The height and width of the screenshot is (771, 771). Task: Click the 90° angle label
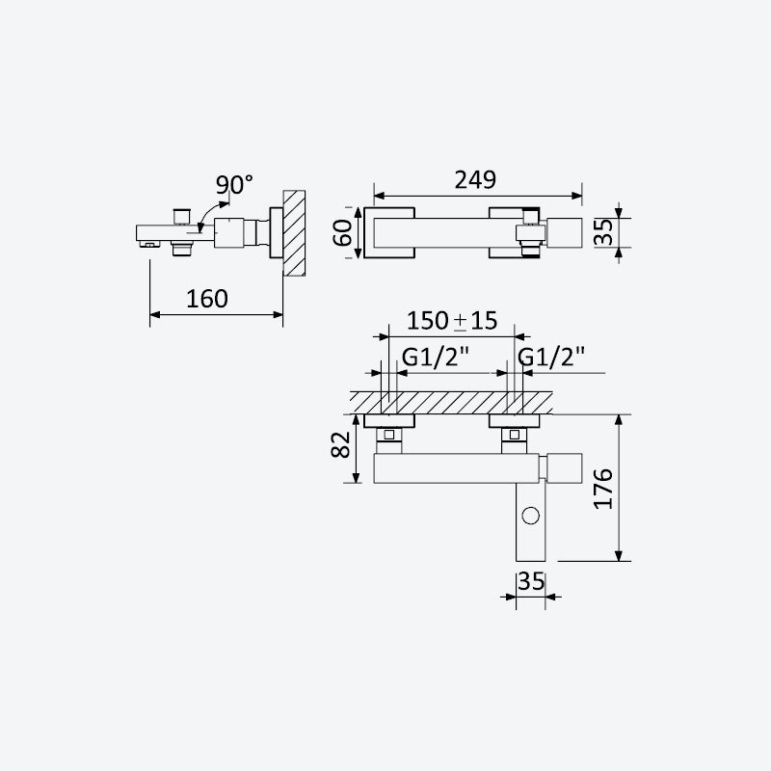click(234, 185)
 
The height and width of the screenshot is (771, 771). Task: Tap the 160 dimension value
click(207, 299)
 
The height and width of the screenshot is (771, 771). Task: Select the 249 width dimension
click(475, 180)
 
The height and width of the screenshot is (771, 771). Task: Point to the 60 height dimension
click(343, 232)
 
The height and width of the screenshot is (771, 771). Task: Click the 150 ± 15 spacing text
click(452, 321)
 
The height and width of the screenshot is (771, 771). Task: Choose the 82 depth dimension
click(341, 444)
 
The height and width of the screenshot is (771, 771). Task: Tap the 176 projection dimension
click(603, 489)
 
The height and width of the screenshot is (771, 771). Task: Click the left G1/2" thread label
click(436, 357)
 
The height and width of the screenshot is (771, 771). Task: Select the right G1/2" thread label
click(551, 357)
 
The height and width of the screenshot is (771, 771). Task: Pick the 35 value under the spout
click(531, 582)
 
